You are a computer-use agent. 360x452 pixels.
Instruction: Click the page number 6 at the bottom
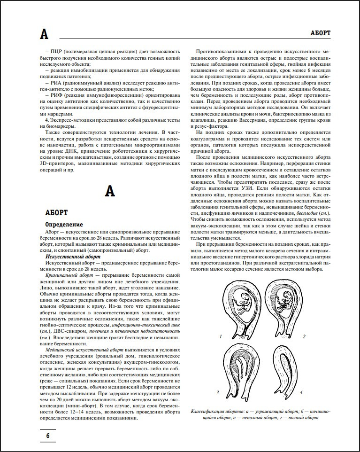coord(47,436)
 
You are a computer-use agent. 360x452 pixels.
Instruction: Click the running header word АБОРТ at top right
coord(321,33)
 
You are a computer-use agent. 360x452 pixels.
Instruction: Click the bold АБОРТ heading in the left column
coord(57,213)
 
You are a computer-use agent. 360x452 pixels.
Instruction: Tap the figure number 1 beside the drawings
coord(220,337)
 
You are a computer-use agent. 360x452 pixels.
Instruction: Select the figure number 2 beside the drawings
coord(304,337)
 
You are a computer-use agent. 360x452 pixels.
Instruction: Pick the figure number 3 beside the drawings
coord(217,391)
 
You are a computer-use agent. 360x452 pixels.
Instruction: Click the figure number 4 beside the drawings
coord(301,391)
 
